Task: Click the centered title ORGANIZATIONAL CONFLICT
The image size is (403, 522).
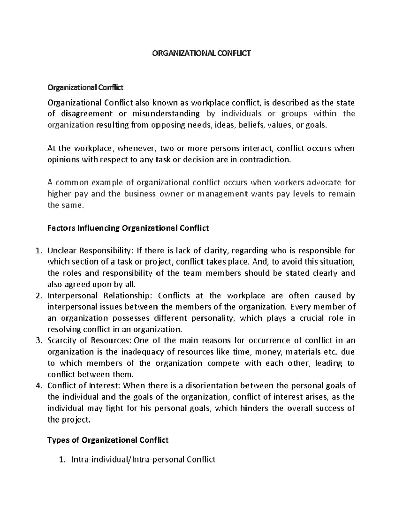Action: point(201,53)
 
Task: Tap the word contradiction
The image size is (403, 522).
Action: point(261,160)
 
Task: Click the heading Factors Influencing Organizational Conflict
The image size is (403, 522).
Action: point(128,228)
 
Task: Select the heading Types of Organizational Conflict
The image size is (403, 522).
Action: point(108,440)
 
